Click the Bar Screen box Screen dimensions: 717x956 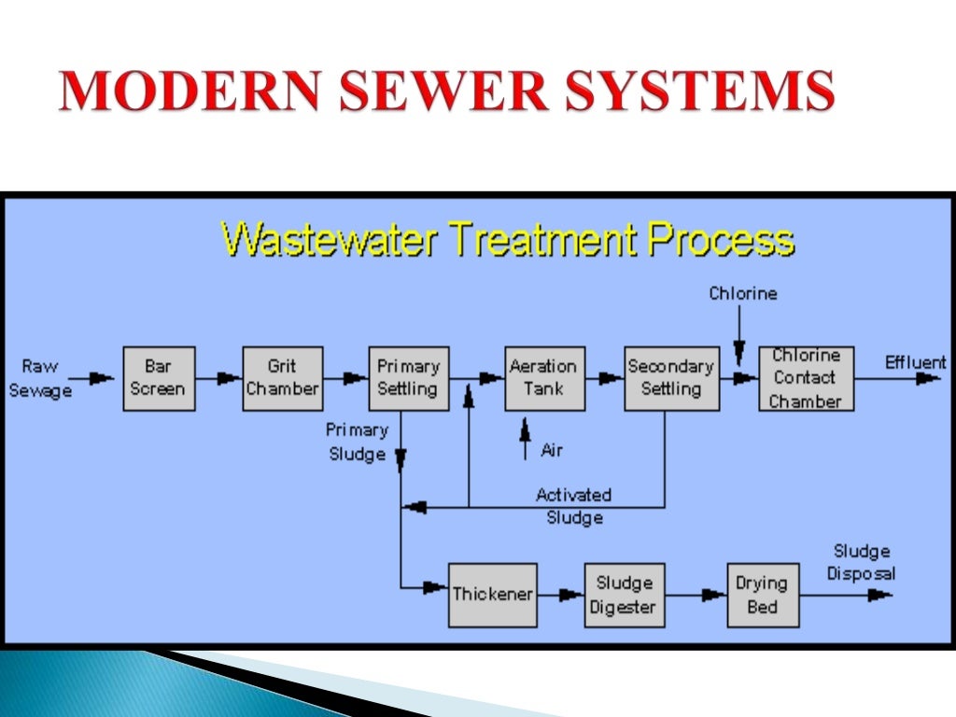[159, 378]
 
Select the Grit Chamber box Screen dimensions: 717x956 [283, 378]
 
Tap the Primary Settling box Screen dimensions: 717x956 [407, 378]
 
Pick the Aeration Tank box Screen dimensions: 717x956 [545, 378]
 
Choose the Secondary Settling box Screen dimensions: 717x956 [671, 378]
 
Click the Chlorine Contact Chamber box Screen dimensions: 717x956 [806, 378]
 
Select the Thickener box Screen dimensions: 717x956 [493, 595]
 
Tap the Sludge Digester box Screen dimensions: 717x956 [624, 595]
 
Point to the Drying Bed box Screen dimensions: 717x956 [763, 595]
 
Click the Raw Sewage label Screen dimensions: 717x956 [40, 378]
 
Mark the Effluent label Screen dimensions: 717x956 [915, 362]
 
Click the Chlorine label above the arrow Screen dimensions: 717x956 [742, 294]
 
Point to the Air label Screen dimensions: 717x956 [552, 450]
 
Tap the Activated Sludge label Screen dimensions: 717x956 [573, 506]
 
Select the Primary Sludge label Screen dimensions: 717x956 [357, 442]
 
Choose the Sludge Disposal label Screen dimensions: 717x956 [861, 562]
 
